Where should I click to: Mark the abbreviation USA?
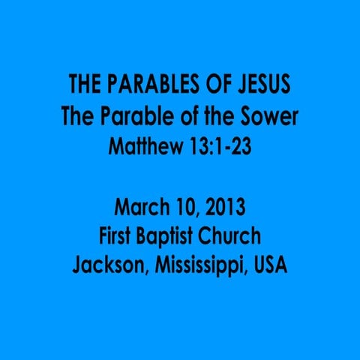(x=269, y=267)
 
